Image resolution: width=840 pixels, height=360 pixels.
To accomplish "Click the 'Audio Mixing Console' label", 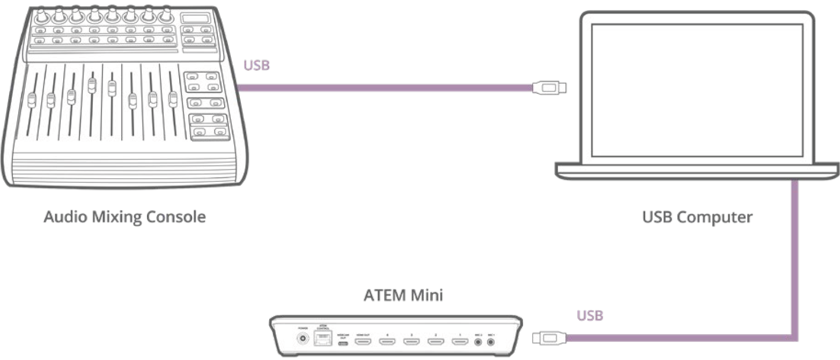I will point(124,217).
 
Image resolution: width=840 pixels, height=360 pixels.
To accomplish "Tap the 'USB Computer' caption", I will point(697,217).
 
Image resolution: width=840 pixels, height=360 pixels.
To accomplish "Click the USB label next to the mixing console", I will point(257,66).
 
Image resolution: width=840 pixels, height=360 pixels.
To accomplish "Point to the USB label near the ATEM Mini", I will point(590,315).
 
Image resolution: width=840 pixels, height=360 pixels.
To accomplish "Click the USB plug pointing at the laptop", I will point(549,87).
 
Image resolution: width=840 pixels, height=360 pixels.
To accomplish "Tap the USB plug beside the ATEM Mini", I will point(549,338).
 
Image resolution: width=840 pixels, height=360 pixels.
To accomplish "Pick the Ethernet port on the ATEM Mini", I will point(323,339).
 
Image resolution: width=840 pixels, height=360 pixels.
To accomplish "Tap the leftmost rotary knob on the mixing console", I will point(41,18).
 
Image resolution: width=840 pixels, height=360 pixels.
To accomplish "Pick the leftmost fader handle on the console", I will point(31,100).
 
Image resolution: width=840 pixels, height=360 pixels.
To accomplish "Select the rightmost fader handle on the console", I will point(173,99).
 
